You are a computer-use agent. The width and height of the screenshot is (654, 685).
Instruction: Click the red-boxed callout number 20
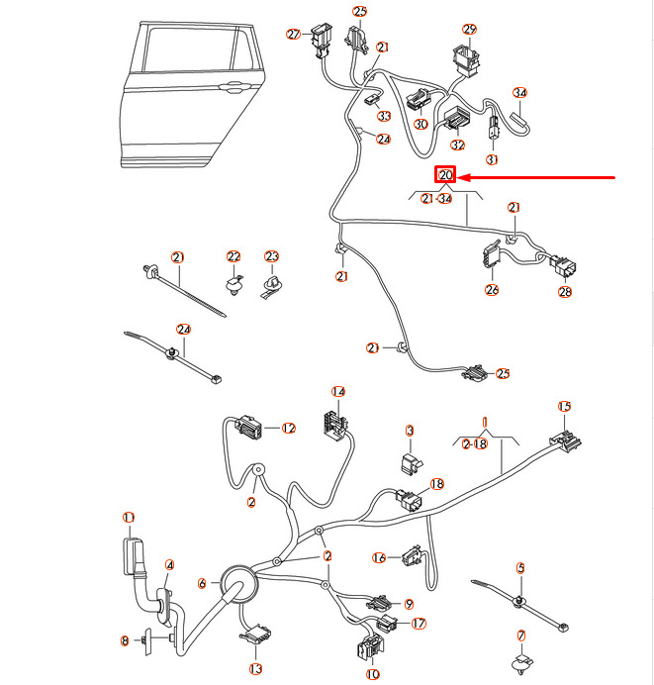click(445, 176)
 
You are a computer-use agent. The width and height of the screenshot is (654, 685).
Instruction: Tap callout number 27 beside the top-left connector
click(294, 35)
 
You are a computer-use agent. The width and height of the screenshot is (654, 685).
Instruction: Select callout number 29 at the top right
click(469, 30)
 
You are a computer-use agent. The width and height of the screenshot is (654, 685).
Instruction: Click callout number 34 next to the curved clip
click(520, 93)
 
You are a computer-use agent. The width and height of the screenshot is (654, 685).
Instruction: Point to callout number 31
click(492, 159)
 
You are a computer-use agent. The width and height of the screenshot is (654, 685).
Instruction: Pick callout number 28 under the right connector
click(566, 292)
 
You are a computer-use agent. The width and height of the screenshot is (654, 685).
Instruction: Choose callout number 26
click(492, 290)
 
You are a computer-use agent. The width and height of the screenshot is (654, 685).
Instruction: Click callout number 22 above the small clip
click(234, 256)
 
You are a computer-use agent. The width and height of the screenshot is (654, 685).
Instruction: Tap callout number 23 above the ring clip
click(272, 256)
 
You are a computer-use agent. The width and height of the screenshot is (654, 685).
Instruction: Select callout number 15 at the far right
click(564, 406)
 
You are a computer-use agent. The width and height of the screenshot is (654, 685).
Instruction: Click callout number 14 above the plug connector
click(338, 392)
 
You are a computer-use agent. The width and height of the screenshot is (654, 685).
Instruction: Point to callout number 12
click(289, 429)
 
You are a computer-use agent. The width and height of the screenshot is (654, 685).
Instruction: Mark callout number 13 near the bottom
click(256, 669)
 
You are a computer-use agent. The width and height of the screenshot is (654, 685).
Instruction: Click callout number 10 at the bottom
click(372, 675)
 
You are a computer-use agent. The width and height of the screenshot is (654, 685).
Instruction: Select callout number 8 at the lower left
click(125, 641)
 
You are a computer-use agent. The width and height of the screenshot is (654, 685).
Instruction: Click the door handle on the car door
click(237, 87)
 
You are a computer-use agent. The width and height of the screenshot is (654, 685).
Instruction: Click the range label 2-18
click(475, 444)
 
